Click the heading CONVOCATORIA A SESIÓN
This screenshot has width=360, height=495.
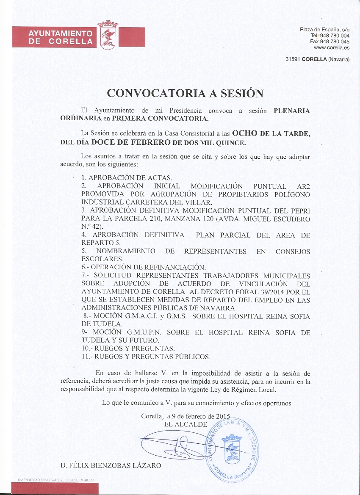185,93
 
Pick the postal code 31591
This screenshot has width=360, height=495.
293,60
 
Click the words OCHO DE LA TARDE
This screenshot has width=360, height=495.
271,133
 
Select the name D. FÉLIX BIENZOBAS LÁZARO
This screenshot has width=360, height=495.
111,465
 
